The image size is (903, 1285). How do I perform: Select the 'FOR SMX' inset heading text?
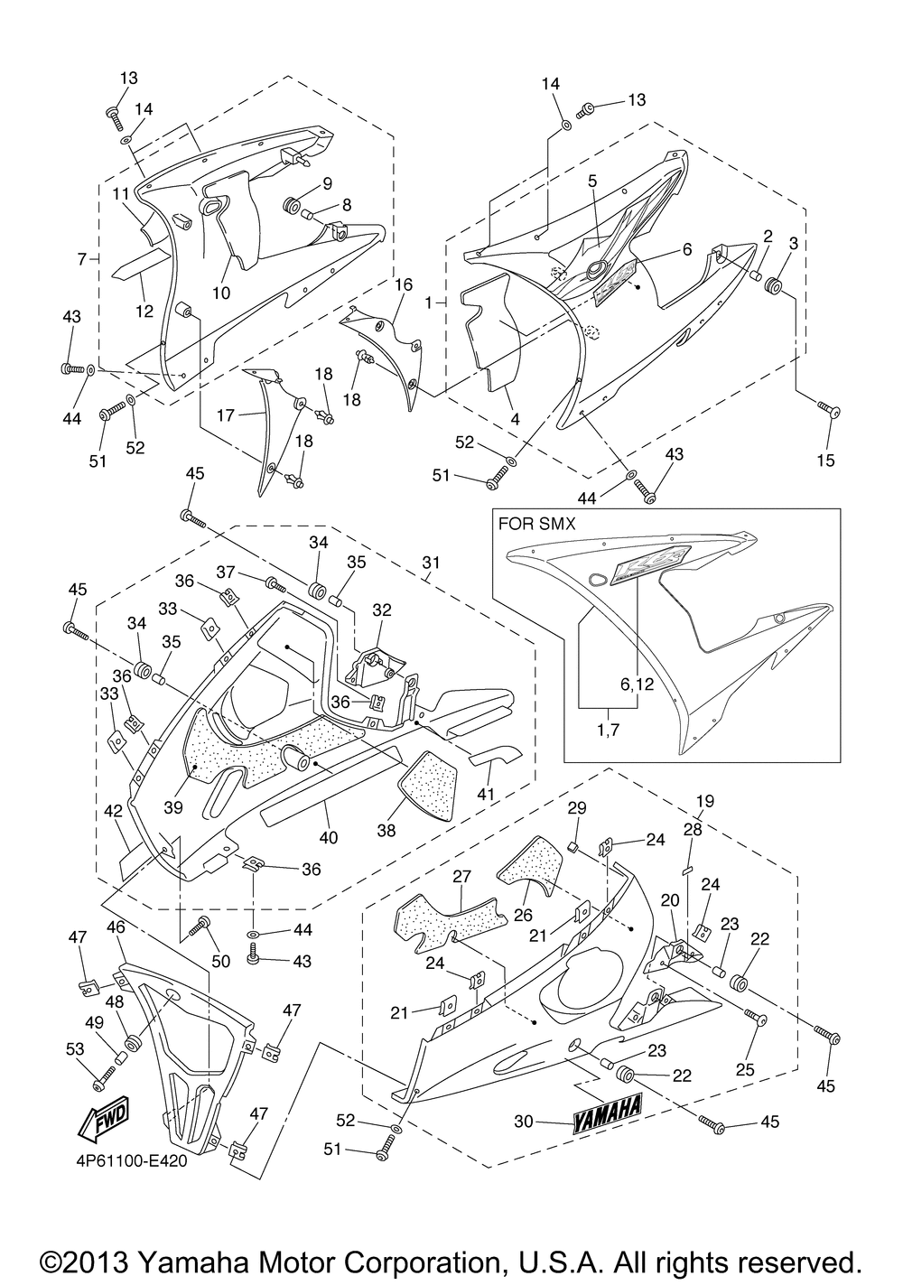(536, 523)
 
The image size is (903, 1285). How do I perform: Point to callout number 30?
(524, 1122)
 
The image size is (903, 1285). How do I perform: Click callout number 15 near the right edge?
(825, 461)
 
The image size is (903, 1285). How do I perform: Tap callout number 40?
(329, 837)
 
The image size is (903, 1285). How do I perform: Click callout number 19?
(704, 800)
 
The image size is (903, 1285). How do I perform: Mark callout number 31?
(431, 563)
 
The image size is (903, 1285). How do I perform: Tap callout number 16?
(403, 284)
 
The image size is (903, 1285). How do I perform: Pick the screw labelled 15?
(829, 411)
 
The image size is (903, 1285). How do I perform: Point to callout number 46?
(116, 927)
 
